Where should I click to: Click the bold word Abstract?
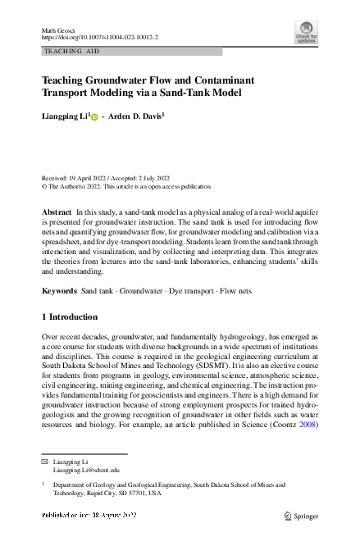click(x=57, y=212)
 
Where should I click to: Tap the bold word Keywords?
click(x=59, y=291)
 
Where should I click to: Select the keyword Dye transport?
click(x=190, y=291)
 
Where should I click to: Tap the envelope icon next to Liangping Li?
click(x=45, y=462)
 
